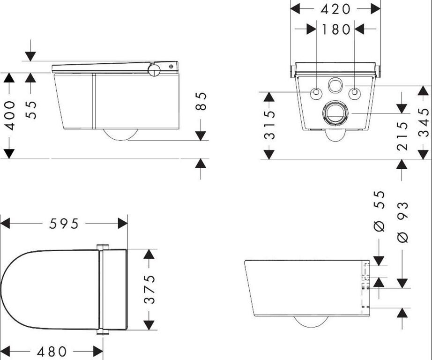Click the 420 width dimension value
click(335, 9)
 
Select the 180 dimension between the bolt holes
click(336, 29)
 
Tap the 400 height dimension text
click(10, 115)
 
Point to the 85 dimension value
click(201, 101)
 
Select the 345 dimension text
click(424, 122)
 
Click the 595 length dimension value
click(64, 224)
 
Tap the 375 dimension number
click(149, 289)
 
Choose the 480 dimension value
click(52, 352)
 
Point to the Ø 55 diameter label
click(380, 211)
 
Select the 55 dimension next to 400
click(31, 110)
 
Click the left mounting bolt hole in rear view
click(316, 93)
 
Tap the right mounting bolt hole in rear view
click(354, 93)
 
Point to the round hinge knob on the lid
click(154, 69)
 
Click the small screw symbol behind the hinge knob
click(171, 66)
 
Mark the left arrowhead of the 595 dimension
click(5, 223)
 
